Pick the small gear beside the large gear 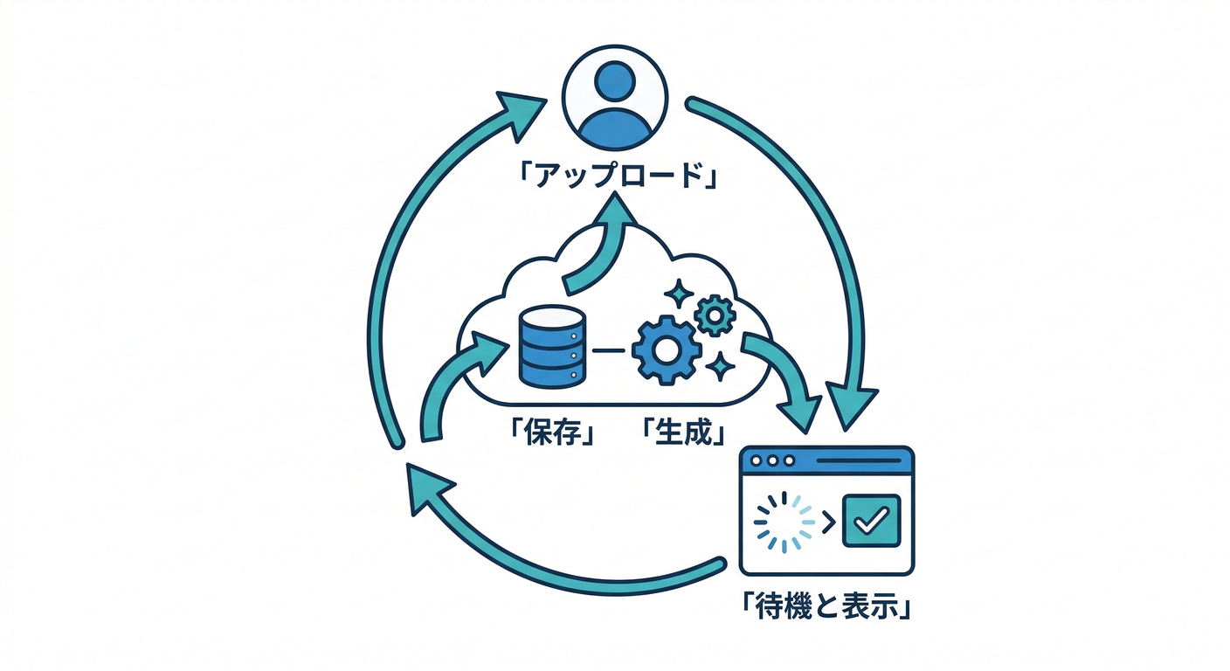point(715,315)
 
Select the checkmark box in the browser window point(871,521)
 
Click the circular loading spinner point(784,522)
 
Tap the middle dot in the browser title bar point(772,460)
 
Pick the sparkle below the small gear point(721,365)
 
